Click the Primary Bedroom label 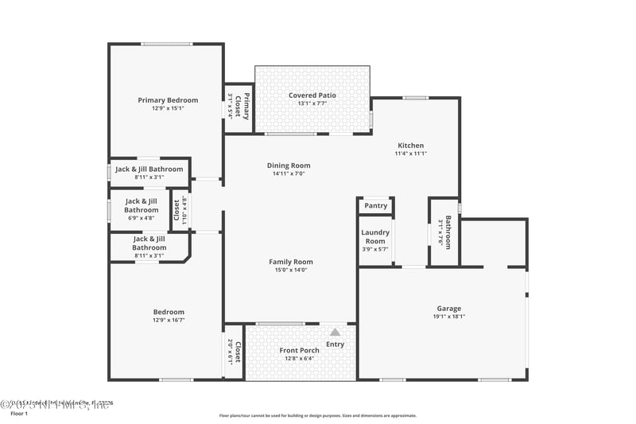168,100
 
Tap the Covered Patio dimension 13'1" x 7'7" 312,103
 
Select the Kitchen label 411,146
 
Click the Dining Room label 288,165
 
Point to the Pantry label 375,206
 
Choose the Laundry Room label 375,237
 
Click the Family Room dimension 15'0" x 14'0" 291,270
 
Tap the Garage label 448,309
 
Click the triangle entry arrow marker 335,332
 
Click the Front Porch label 299,351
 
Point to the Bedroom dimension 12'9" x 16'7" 168,321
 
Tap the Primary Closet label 246,106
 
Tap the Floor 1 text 18,414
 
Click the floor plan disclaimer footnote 317,415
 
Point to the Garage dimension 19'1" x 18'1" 448,317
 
